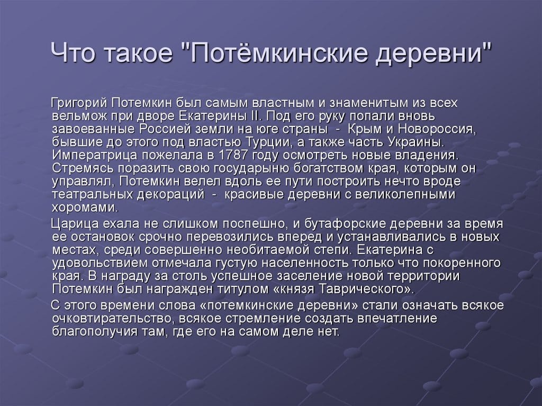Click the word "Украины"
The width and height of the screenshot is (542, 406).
click(417, 142)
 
